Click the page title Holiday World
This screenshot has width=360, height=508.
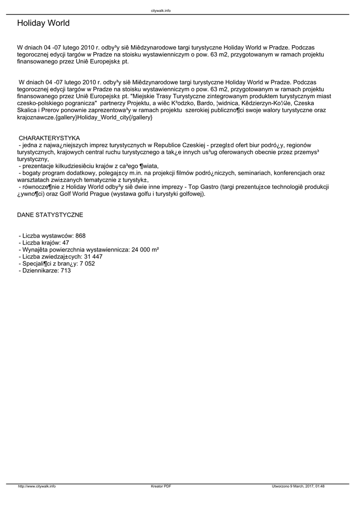43,23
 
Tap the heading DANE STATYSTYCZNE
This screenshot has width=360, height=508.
50,215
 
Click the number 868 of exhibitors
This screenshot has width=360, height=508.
81,236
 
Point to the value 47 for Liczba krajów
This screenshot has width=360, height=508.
66,243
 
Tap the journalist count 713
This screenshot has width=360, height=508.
66,270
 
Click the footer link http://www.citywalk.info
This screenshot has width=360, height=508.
37,486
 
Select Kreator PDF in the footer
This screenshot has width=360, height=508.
161,486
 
